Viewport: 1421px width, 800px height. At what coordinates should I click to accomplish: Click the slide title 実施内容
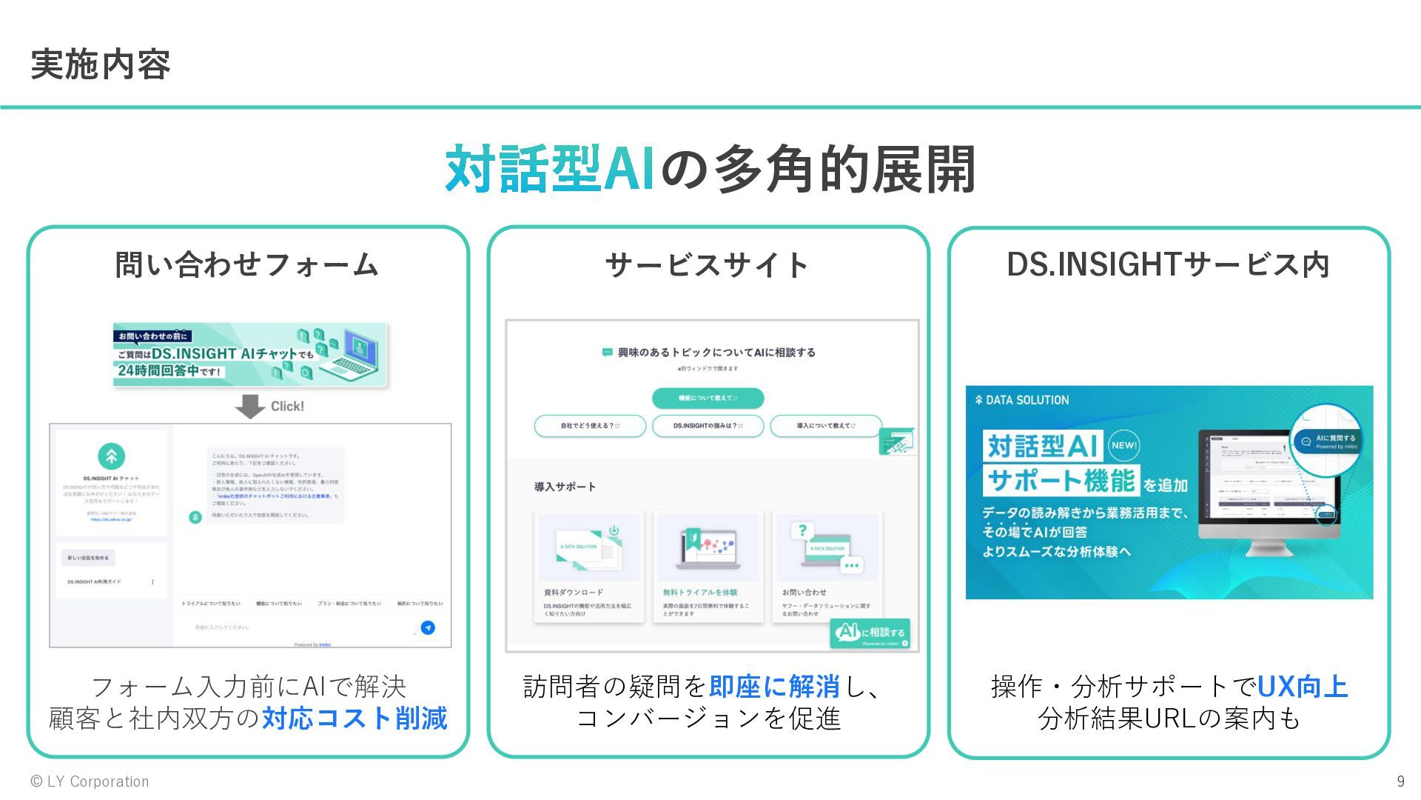point(101,65)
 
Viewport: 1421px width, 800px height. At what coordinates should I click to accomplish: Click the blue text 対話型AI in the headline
point(550,170)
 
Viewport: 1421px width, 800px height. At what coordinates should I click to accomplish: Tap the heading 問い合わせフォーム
point(247,264)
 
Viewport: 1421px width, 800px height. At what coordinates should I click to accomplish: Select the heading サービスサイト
point(708,264)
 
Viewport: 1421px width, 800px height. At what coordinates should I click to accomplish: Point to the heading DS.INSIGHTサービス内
point(1168,264)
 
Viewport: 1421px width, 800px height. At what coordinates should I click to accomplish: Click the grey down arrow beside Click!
point(250,406)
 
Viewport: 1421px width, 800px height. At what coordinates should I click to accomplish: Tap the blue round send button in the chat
point(428,627)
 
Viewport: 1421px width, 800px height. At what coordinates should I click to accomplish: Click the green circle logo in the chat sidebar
point(112,456)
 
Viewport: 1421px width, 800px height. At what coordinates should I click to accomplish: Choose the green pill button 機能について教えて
point(708,398)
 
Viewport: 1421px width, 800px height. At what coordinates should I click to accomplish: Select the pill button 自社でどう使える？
point(590,426)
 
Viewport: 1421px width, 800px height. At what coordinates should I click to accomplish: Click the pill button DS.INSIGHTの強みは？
point(708,426)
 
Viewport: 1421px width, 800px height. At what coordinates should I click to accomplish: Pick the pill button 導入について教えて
point(826,426)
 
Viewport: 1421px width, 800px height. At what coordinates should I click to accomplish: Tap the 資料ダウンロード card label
point(574,593)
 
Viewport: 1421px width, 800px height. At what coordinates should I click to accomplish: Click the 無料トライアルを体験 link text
point(700,593)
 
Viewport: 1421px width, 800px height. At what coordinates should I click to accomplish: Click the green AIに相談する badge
point(870,633)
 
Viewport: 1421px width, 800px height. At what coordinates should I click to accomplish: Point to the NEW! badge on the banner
point(1123,445)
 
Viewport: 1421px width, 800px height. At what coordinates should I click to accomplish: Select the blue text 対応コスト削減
point(355,719)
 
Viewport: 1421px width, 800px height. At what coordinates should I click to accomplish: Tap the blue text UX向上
point(1303,687)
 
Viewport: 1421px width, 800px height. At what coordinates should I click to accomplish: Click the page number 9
point(1400,781)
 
